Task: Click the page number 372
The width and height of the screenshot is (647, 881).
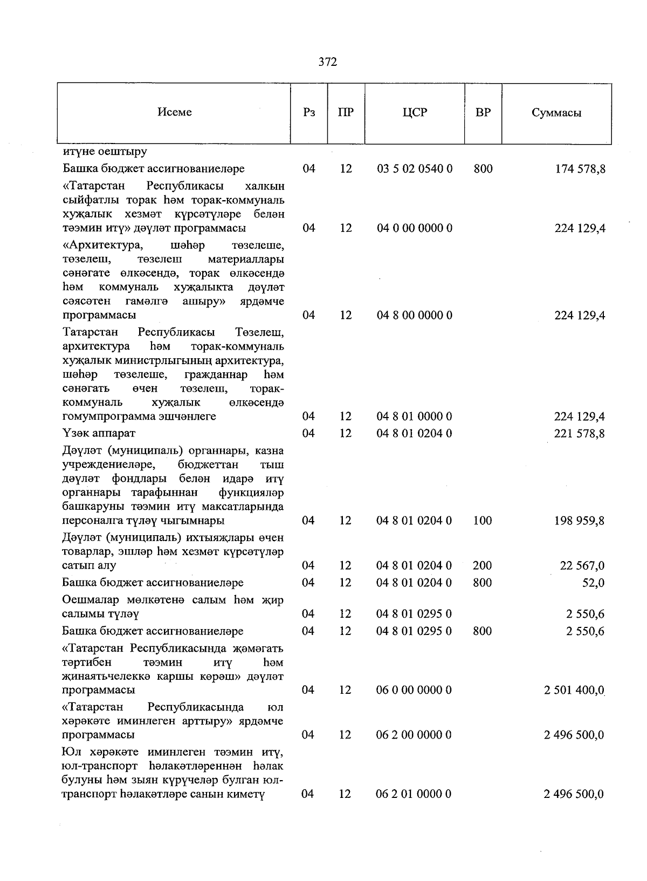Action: (x=327, y=62)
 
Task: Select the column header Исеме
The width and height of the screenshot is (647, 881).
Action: (x=174, y=112)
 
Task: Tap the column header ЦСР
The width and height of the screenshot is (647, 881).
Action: (x=414, y=113)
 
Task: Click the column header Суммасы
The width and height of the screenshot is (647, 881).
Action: (x=556, y=113)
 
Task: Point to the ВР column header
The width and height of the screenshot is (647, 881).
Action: (x=483, y=113)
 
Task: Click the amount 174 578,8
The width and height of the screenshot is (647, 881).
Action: (x=580, y=169)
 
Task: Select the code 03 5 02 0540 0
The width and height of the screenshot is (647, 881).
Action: (x=414, y=169)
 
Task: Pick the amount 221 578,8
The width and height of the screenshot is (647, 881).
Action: (x=580, y=433)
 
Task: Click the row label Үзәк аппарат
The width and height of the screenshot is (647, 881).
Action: (x=99, y=433)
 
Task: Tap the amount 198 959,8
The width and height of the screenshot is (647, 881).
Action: (x=580, y=521)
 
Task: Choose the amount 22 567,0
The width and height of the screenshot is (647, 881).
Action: (x=582, y=565)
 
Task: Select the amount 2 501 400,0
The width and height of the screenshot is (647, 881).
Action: (x=575, y=690)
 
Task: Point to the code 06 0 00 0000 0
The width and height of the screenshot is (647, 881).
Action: (x=414, y=690)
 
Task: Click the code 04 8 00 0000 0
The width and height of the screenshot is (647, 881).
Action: (x=414, y=315)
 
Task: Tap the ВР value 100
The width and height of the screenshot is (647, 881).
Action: (x=482, y=521)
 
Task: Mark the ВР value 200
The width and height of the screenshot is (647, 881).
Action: (x=482, y=565)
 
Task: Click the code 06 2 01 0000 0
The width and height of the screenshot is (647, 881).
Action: (x=414, y=794)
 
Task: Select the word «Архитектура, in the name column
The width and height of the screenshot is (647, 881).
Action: (x=103, y=246)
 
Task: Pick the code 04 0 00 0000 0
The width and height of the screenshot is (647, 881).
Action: (x=414, y=228)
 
